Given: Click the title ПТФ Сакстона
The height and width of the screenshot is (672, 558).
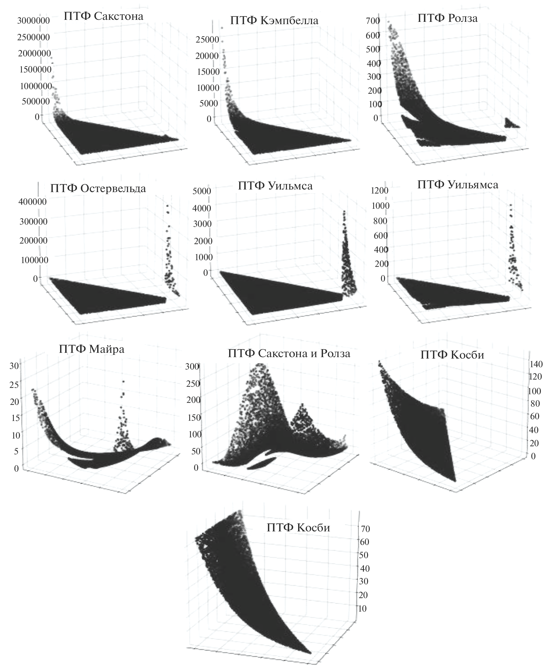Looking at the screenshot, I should [x=103, y=16].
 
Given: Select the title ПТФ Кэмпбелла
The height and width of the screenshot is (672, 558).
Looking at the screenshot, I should [x=274, y=20].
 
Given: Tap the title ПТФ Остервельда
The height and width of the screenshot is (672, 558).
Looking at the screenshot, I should [x=98, y=188].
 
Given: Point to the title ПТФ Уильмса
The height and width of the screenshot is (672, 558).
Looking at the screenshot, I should [x=275, y=185].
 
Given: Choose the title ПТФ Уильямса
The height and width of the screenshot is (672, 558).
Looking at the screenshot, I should [x=458, y=185].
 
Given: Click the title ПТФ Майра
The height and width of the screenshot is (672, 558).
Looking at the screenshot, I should [x=91, y=349].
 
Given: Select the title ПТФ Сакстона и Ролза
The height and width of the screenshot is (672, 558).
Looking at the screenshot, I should [x=289, y=353].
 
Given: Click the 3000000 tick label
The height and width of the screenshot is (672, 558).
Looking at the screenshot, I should [x=34, y=21].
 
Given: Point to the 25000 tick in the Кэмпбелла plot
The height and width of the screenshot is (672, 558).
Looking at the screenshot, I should [x=207, y=40].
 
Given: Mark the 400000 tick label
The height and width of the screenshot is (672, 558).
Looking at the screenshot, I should [x=33, y=202].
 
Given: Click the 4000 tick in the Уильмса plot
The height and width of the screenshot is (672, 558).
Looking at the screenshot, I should [x=202, y=208].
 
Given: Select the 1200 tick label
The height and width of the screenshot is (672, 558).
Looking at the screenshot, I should [x=379, y=191].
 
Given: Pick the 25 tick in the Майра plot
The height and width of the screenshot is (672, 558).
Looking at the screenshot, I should [x=14, y=384].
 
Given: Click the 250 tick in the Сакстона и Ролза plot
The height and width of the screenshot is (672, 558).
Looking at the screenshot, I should [x=193, y=383].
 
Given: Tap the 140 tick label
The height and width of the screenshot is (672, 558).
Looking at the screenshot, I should [x=536, y=364].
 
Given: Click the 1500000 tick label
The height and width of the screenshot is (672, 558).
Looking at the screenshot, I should [x=35, y=69].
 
